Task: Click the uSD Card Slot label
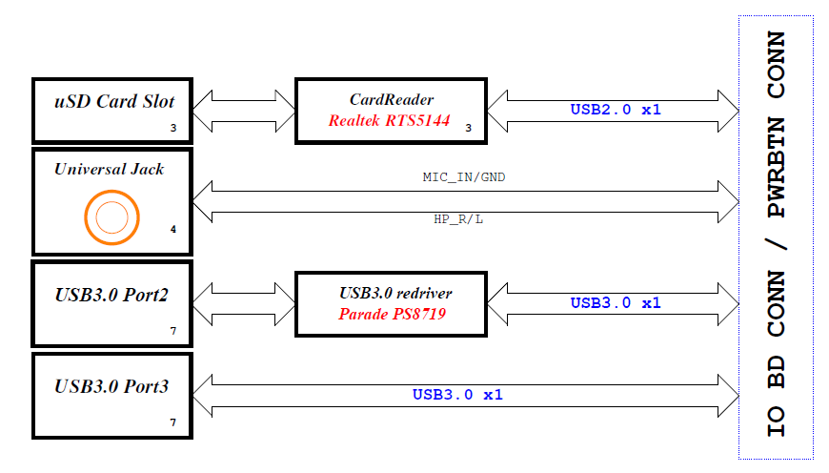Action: tap(113, 101)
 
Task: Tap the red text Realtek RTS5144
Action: tap(389, 120)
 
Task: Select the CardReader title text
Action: tap(391, 99)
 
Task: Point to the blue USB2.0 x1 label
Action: tap(616, 110)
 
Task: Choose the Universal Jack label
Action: tap(109, 170)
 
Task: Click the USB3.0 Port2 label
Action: tap(111, 296)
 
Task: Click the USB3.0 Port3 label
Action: tap(111, 386)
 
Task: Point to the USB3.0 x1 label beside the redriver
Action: tap(616, 303)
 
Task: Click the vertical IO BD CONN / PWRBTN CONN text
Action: tap(777, 235)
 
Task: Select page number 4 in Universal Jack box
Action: tap(173, 230)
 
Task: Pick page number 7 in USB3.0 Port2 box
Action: tap(173, 331)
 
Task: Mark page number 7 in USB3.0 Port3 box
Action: tap(173, 422)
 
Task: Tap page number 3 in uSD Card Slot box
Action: tap(173, 127)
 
